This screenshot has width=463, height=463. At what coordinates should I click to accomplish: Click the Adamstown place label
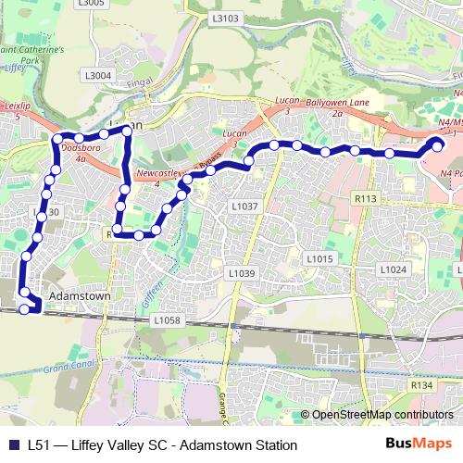pyautogui.click(x=79, y=296)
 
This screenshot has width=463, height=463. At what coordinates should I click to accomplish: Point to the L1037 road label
pyautogui.click(x=244, y=206)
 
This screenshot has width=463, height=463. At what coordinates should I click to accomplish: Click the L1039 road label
pyautogui.click(x=241, y=273)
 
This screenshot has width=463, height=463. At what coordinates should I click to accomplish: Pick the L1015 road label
pyautogui.click(x=319, y=259)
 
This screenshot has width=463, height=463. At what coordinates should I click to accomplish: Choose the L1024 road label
pyautogui.click(x=394, y=269)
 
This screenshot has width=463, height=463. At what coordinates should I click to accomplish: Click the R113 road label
pyautogui.click(x=366, y=197)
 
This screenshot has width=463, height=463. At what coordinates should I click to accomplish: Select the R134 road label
pyautogui.click(x=421, y=383)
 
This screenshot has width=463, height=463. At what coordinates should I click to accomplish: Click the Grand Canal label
pyautogui.click(x=62, y=368)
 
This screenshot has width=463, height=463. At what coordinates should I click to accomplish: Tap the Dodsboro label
pyautogui.click(x=80, y=148)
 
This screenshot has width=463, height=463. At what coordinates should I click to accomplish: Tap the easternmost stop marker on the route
pyautogui.click(x=438, y=144)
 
